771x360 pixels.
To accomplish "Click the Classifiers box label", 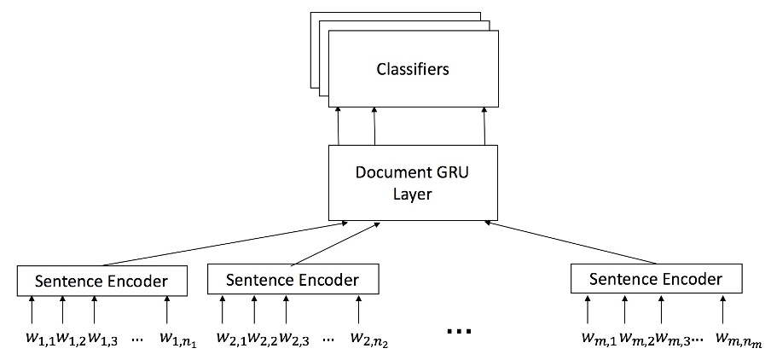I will (414, 69).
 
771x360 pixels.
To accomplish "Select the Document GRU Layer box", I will (414, 181).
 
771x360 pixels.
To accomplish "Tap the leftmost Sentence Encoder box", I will (102, 280).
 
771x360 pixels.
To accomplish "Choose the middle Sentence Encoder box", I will (293, 279).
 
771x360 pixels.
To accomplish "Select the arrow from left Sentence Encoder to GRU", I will (222, 243).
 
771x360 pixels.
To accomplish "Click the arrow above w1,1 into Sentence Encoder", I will (32, 309).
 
